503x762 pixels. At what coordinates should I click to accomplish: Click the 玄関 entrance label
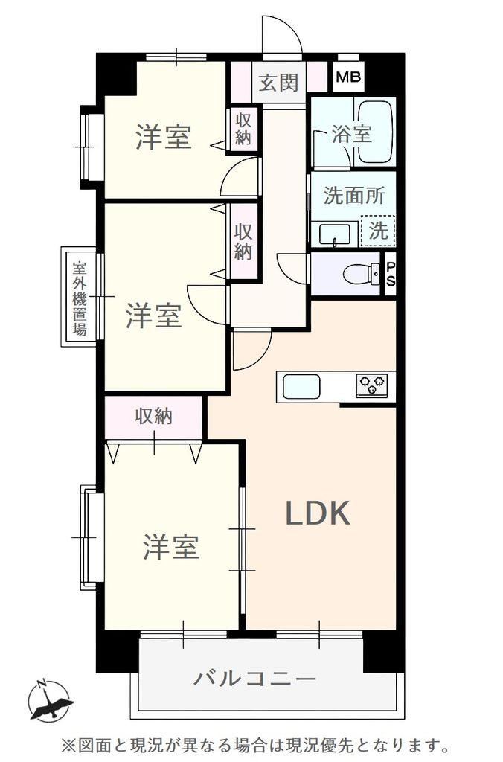coord(278,83)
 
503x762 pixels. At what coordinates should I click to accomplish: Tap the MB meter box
coord(348,77)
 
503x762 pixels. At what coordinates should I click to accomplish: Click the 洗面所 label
coord(354,196)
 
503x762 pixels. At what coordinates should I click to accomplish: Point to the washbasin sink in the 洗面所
coord(335,234)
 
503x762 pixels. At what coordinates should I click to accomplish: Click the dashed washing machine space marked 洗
coord(378,231)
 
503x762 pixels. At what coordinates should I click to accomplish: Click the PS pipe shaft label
coord(391,275)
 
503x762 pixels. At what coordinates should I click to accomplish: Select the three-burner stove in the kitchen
coord(372,385)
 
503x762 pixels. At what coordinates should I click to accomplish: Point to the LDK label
coord(318,513)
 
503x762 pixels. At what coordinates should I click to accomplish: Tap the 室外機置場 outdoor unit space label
coord(79,298)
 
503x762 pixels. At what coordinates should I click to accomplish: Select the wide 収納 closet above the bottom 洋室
coord(153,417)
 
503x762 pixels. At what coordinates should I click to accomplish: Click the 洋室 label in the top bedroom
coord(164,137)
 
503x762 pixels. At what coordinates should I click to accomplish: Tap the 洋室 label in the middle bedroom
coord(154,316)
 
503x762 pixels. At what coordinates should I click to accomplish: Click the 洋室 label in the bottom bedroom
coord(171,546)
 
